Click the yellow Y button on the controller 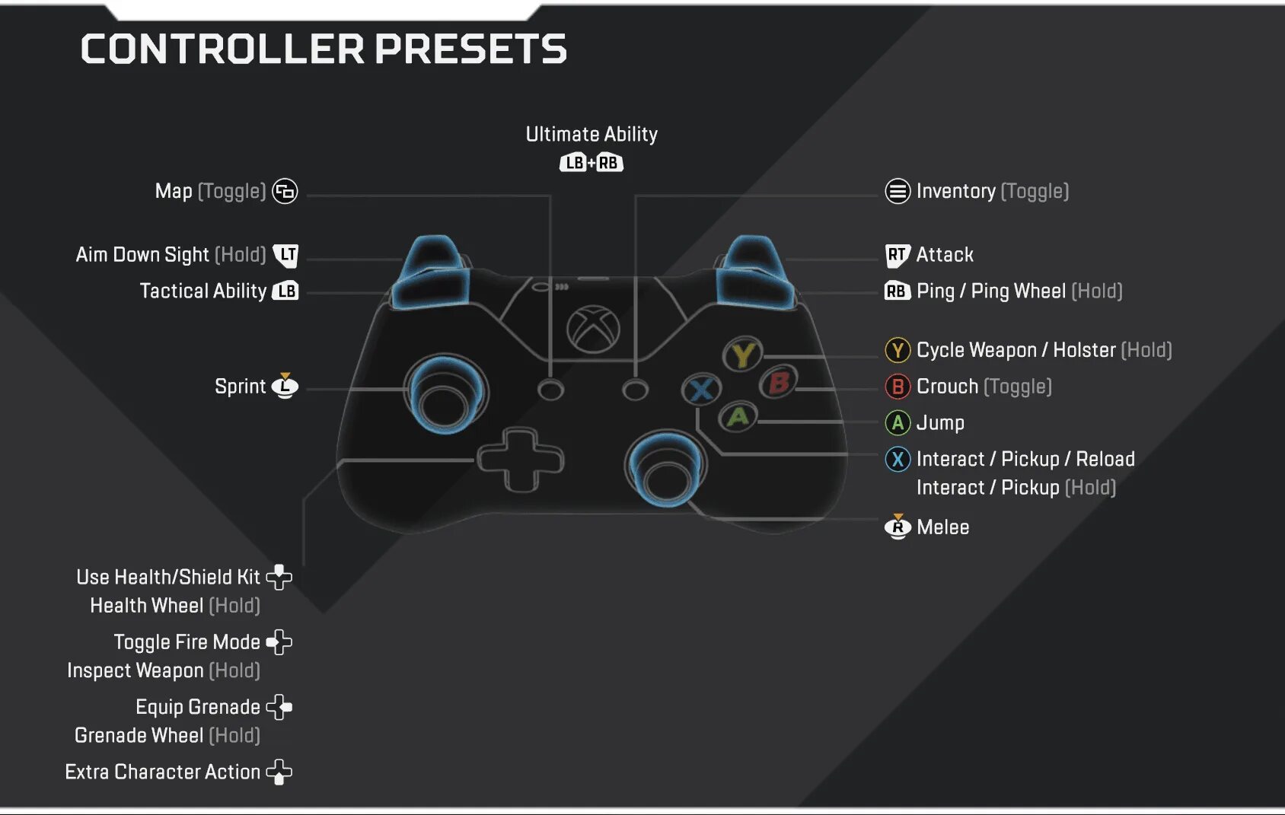click(742, 355)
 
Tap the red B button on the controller click(778, 383)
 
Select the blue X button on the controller click(701, 390)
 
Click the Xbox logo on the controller click(593, 330)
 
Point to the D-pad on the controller click(521, 459)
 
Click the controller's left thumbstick click(445, 394)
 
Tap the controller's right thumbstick click(666, 470)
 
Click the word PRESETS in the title click(470, 49)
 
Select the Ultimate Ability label click(591, 135)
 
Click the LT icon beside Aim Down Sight click(286, 255)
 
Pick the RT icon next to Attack click(897, 255)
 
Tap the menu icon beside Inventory click(898, 191)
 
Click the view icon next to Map click(285, 191)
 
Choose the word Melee click(942, 527)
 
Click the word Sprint click(240, 387)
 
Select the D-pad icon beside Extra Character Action click(279, 772)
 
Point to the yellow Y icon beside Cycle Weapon click(898, 350)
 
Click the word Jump click(940, 423)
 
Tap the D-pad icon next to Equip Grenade click(279, 707)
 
